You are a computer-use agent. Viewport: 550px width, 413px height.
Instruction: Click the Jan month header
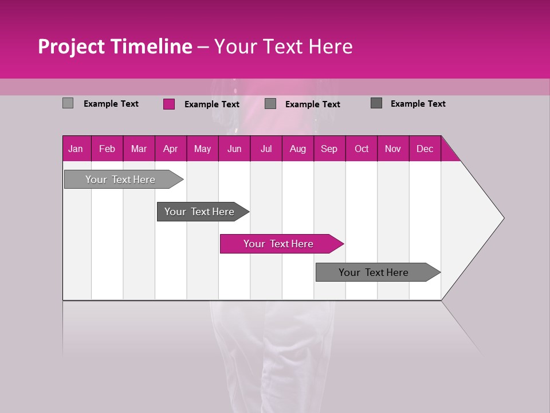(76, 149)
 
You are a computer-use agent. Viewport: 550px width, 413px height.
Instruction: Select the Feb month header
(107, 149)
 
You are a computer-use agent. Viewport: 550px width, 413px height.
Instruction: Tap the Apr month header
(170, 149)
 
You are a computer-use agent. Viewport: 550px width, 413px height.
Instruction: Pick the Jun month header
(234, 149)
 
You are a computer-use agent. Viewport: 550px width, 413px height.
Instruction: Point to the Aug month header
(297, 149)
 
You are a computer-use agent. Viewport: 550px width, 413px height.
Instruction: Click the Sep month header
(329, 149)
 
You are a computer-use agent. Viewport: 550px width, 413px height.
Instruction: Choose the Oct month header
(362, 149)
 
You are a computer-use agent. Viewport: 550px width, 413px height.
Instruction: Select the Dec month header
(425, 149)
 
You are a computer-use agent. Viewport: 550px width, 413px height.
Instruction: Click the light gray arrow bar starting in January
(120, 180)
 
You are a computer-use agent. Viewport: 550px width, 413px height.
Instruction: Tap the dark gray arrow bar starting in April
(199, 212)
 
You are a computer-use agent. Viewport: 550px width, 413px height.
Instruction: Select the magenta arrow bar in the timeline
(278, 244)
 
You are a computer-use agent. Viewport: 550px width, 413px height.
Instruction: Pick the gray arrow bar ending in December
(374, 272)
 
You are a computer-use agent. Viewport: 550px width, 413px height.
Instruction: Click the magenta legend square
(169, 104)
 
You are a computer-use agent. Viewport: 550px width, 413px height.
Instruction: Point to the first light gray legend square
(68, 103)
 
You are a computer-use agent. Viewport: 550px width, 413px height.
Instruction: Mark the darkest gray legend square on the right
(376, 103)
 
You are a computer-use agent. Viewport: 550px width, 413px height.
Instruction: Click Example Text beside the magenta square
(212, 104)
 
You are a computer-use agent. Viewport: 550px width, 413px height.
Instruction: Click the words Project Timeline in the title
(115, 46)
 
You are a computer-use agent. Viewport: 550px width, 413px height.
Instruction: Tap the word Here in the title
(331, 46)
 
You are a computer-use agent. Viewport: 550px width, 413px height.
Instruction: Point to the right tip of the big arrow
(502, 217)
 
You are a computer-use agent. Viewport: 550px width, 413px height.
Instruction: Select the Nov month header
(393, 149)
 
